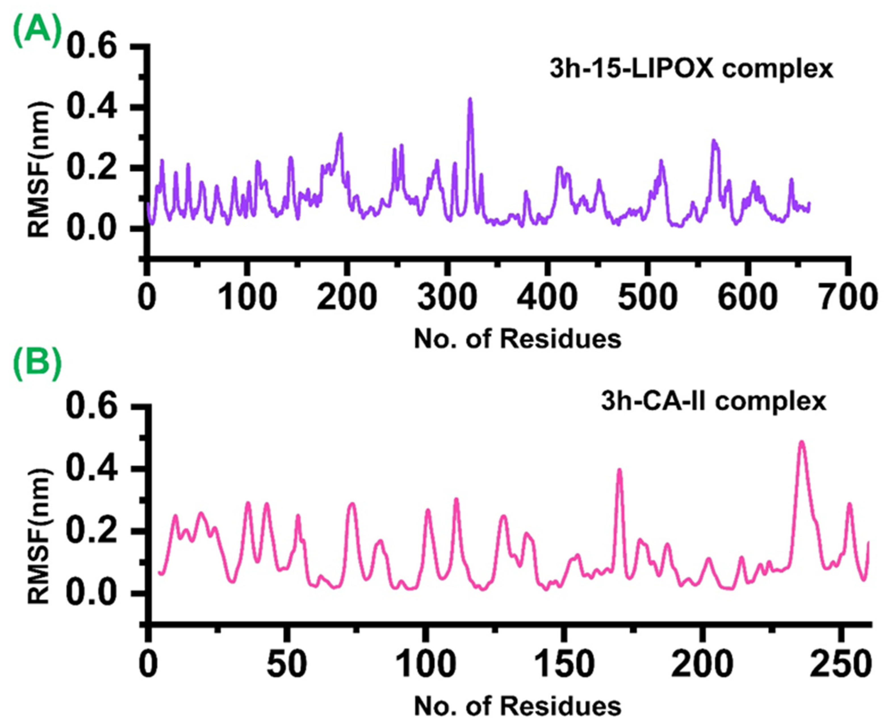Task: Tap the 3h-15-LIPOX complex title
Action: [x=691, y=70]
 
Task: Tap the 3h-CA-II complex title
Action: [x=713, y=402]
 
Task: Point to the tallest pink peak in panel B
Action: [x=802, y=442]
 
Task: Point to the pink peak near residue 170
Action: [x=619, y=470]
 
